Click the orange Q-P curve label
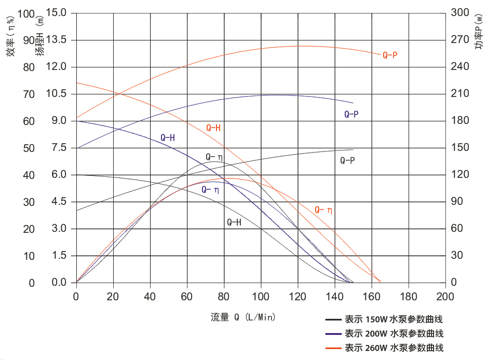point(390,55)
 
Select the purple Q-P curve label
point(351,114)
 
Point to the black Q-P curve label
point(347,160)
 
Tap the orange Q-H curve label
point(213,128)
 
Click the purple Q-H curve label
point(168,137)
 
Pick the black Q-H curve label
point(234,222)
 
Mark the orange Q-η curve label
point(323,210)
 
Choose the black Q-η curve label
point(214,157)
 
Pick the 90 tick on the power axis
point(457,202)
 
